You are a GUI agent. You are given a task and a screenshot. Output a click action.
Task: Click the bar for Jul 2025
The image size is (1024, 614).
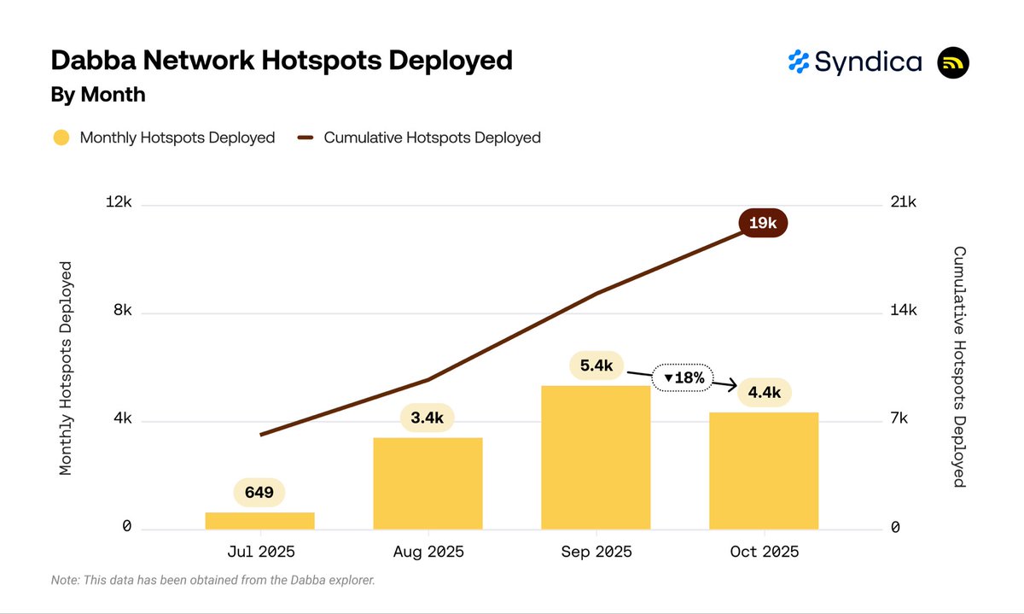coord(260,520)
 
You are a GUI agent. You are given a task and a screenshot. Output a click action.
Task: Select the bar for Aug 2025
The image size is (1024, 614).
coord(428,483)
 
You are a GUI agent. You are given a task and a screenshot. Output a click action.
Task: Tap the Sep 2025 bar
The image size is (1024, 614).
coord(596,457)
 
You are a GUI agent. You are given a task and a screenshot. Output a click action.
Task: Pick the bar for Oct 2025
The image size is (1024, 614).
coord(764,471)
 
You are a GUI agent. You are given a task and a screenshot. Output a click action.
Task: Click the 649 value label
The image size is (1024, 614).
coord(259,493)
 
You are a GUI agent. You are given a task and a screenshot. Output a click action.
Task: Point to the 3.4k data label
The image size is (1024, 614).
coord(428,418)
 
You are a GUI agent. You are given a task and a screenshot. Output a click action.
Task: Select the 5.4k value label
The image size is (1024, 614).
coord(596,365)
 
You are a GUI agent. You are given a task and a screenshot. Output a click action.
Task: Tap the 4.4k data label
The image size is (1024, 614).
coord(764,392)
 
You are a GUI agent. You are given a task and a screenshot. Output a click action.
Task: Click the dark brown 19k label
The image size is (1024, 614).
coord(762,223)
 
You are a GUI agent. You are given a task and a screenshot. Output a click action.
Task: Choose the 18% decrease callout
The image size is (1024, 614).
coord(683,377)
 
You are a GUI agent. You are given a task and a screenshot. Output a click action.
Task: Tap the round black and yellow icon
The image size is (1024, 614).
coord(953,63)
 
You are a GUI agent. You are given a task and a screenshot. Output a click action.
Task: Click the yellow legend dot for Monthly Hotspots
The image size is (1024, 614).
coord(61,137)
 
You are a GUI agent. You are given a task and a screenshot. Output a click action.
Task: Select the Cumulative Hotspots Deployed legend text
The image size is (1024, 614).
coord(432,137)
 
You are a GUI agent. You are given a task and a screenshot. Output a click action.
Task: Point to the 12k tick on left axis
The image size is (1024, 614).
coord(119,202)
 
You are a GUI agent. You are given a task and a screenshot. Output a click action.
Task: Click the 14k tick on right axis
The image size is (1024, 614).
coord(903,311)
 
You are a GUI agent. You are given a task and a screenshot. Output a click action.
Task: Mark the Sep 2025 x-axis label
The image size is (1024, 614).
coord(596,552)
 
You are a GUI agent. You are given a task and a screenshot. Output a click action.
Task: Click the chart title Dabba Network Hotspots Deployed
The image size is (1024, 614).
coord(282,61)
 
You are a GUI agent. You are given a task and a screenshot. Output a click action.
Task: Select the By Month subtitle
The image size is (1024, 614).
coord(98,95)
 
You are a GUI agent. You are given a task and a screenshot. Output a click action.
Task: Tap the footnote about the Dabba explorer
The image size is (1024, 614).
coord(213,581)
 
